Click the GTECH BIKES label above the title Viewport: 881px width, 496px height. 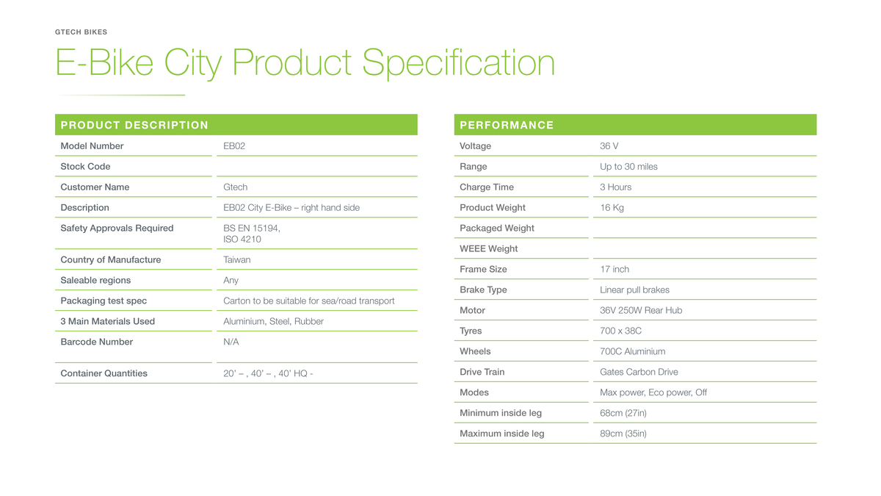coord(81,32)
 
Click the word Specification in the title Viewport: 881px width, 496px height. coord(458,63)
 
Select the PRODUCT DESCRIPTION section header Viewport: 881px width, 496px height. coord(134,125)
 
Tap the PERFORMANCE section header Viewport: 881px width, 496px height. coord(507,125)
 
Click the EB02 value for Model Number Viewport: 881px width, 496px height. coord(234,146)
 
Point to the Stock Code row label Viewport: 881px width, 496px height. coord(85,167)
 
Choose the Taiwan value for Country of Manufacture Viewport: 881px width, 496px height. coord(236,260)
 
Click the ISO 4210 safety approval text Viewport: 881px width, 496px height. coord(242,240)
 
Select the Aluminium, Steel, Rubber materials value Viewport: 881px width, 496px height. coord(273,321)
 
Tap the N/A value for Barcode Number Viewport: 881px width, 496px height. coord(231,342)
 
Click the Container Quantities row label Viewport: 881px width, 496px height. coord(104,373)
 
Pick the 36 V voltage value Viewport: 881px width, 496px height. coord(609,146)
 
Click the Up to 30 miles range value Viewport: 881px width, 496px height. coord(628,167)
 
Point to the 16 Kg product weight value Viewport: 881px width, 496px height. coord(612,208)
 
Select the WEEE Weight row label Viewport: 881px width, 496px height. coord(488,249)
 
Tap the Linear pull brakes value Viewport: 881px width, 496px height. coord(634,290)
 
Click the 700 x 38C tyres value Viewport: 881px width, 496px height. coord(620,331)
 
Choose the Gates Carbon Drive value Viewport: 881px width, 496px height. coord(639,372)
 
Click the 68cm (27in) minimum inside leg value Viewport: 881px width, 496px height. coord(623,413)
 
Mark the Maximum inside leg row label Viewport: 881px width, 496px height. coord(502,434)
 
